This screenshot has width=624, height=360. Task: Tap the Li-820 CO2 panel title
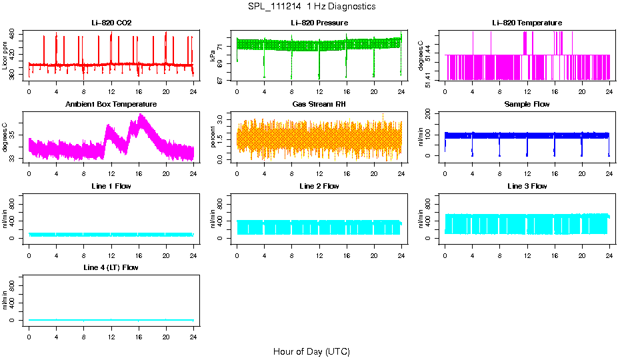click(111, 23)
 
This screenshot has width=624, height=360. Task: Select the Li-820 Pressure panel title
click(319, 23)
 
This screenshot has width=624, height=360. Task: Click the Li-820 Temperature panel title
click(527, 23)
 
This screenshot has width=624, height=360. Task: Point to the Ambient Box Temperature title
click(111, 105)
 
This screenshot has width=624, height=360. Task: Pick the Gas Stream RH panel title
click(319, 105)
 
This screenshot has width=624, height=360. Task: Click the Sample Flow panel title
click(527, 105)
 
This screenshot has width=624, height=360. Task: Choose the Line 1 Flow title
click(111, 186)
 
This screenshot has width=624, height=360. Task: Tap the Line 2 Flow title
click(319, 186)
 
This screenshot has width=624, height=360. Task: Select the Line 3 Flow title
click(527, 186)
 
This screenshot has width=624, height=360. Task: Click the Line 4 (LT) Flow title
click(111, 267)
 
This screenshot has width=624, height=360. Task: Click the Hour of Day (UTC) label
click(311, 351)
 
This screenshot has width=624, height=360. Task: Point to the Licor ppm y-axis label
click(5, 55)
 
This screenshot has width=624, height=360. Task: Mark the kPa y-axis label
click(213, 55)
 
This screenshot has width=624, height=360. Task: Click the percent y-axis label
click(213, 137)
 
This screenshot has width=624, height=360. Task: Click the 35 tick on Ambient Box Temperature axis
click(13, 135)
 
